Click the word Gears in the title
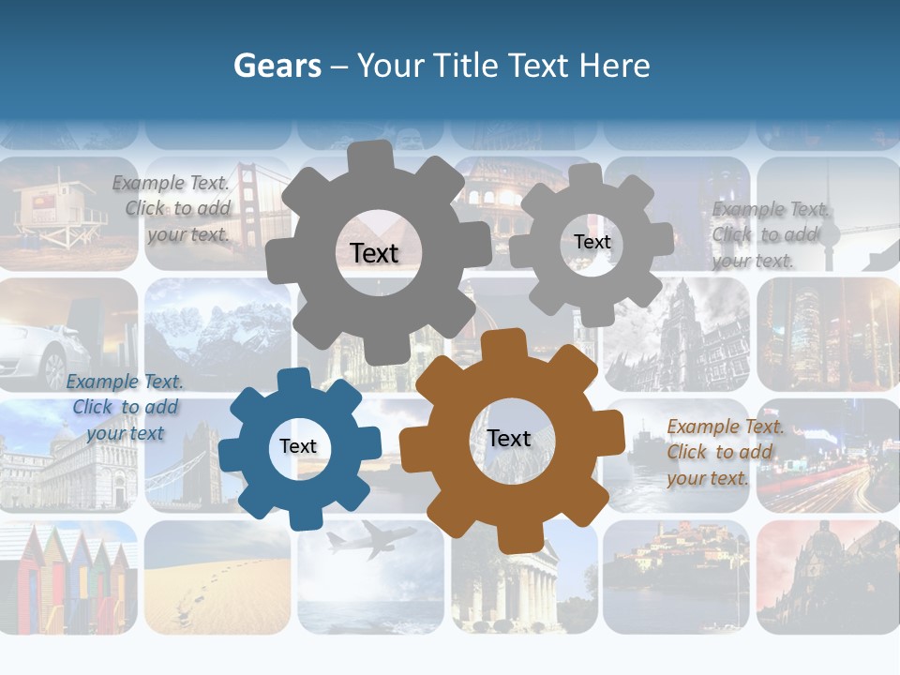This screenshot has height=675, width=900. pos(276,66)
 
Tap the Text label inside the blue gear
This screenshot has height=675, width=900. pos(298,446)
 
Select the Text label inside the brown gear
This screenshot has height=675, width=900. pos(509,438)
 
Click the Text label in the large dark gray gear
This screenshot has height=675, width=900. pos(374,253)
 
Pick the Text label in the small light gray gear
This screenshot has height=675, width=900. pos(592,242)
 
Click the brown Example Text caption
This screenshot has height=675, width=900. pos(725,452)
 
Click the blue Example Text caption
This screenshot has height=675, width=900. pos(125,407)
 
